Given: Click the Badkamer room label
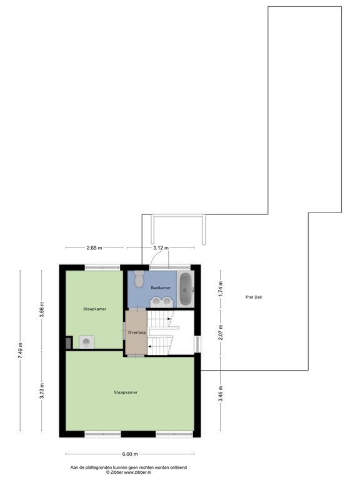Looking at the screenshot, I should [x=161, y=287].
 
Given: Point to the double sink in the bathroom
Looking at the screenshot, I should [x=161, y=301].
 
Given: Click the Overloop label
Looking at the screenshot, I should [x=137, y=332].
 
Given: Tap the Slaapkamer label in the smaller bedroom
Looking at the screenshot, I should [x=95, y=309].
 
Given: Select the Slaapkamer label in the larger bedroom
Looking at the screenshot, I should [x=125, y=392].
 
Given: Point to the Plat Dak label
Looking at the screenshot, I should [x=254, y=297].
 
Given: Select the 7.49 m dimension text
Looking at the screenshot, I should [x=21, y=350].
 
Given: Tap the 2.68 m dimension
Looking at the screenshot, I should [x=94, y=248].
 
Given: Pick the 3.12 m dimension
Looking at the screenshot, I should [x=161, y=248].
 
